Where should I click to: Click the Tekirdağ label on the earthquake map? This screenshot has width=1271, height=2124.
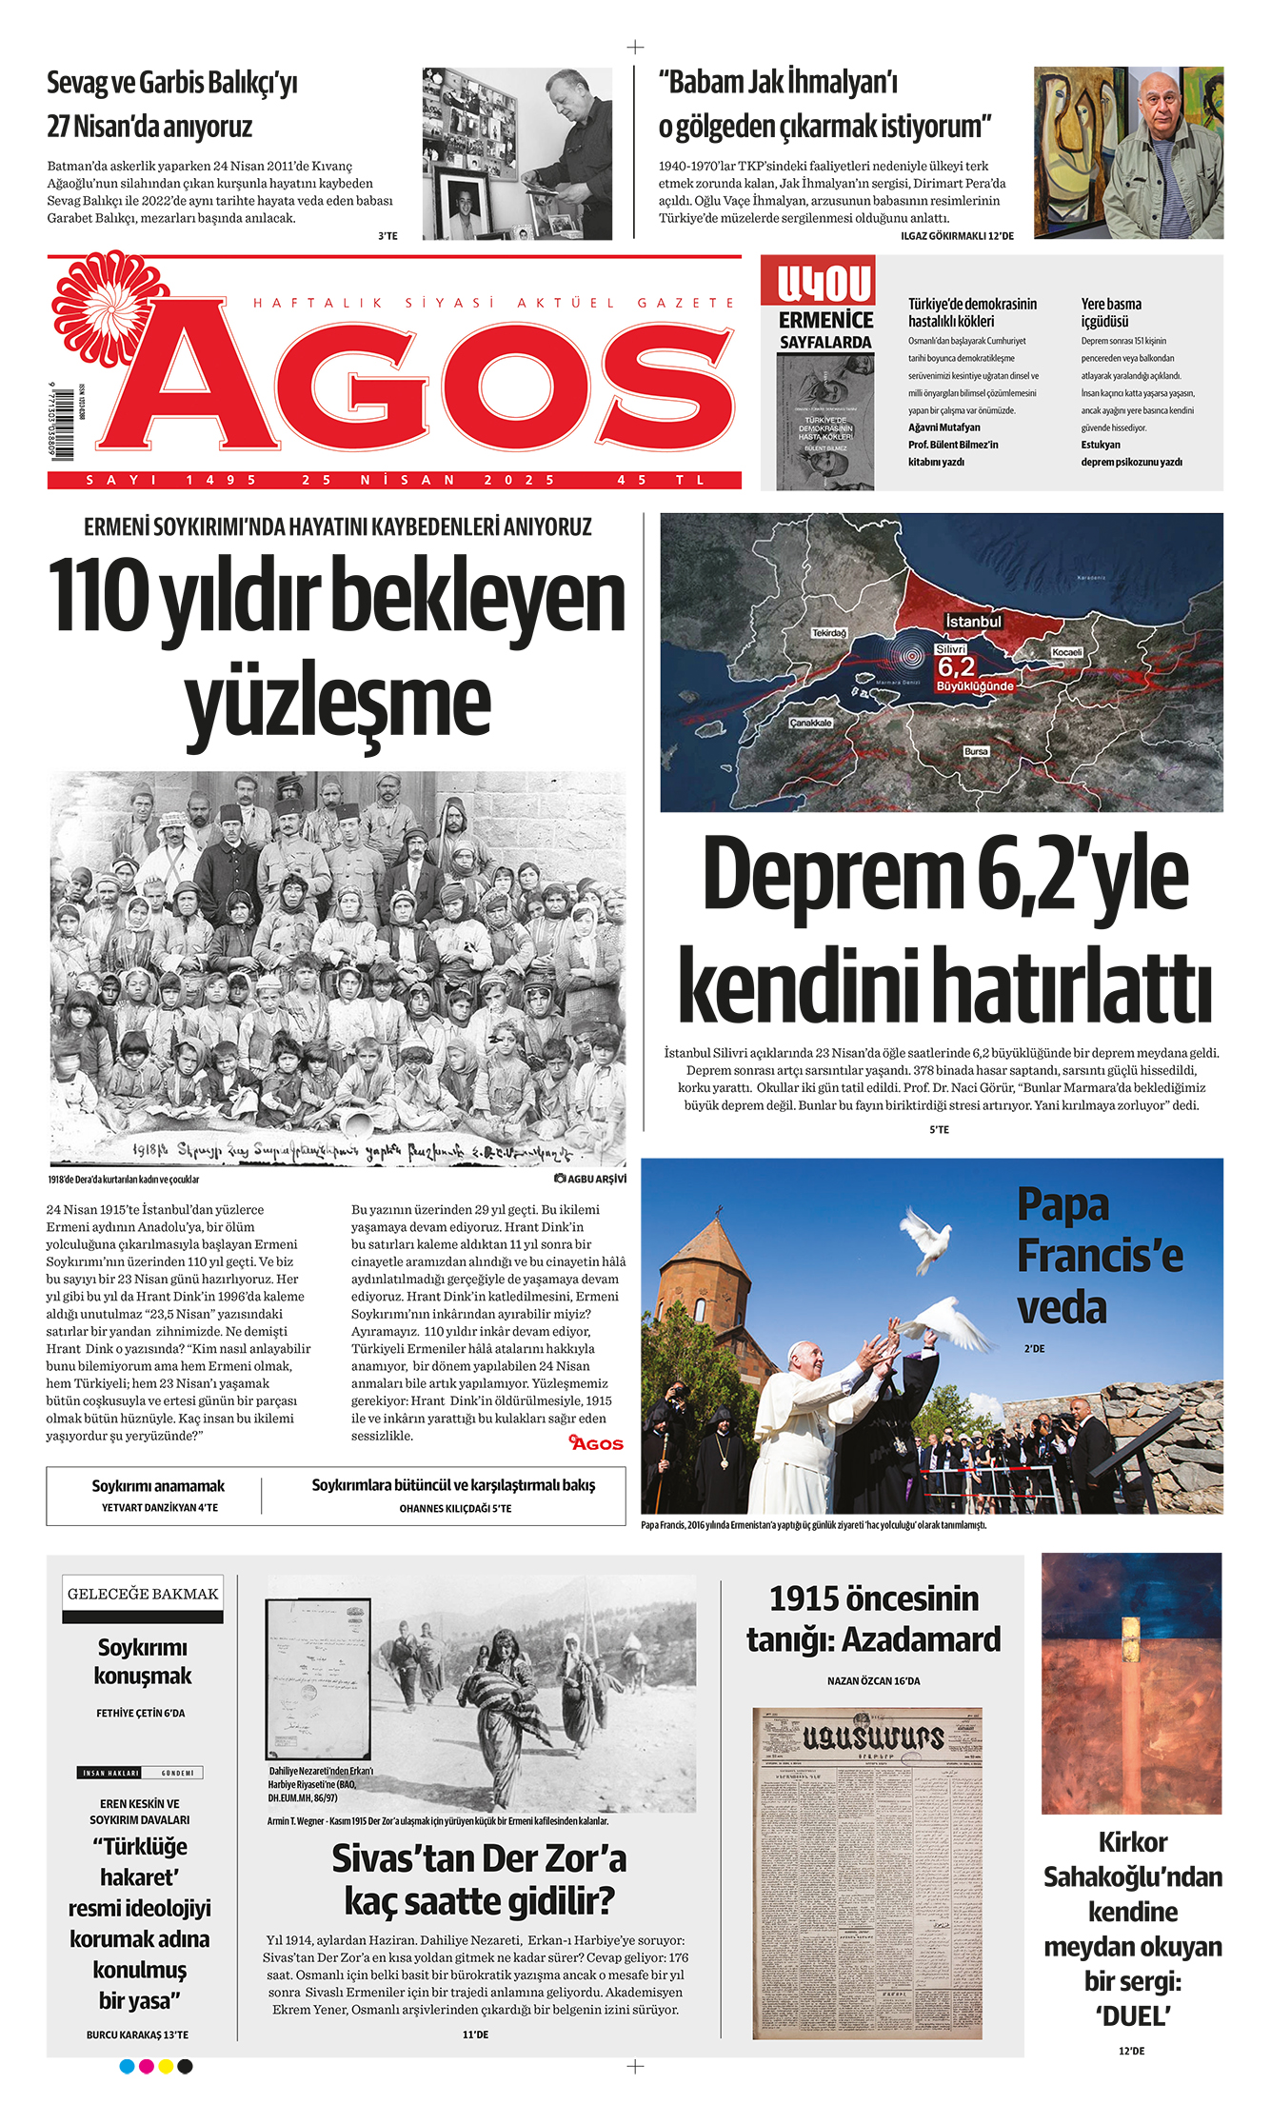[x=828, y=632]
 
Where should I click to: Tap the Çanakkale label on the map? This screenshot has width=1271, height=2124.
[x=811, y=723]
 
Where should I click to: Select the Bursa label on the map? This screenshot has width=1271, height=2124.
[x=976, y=751]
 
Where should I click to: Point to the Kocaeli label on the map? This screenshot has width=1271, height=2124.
[x=1067, y=652]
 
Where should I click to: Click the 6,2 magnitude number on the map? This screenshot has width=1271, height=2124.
[x=956, y=666]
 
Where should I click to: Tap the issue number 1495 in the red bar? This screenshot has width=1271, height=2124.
[x=221, y=480]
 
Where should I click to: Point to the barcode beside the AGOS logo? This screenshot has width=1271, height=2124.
[x=65, y=423]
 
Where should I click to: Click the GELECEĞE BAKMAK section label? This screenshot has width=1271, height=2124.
[x=143, y=1594]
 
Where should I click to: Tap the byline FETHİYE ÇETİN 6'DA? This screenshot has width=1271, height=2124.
[x=141, y=1713]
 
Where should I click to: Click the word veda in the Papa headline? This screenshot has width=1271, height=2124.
[x=1062, y=1308]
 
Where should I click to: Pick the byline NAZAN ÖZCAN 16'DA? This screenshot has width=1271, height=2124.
[x=873, y=1680]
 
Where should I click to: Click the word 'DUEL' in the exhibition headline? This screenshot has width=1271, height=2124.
[x=1132, y=2015]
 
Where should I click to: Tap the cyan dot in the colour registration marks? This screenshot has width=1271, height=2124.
[x=127, y=2066]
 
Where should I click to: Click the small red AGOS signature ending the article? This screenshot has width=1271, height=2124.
[x=596, y=1443]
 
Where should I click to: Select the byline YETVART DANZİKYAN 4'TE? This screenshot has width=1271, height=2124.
[x=160, y=1507]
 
